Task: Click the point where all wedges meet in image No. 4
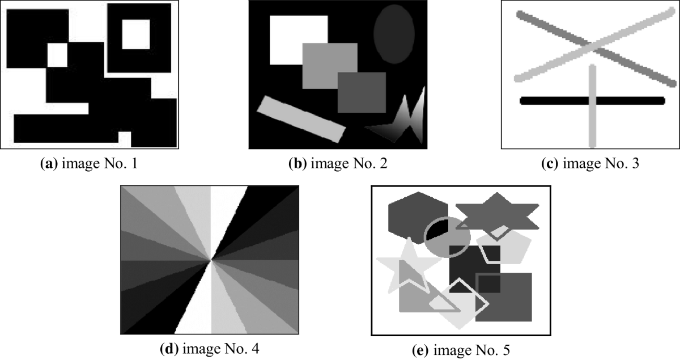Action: click(x=211, y=260)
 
